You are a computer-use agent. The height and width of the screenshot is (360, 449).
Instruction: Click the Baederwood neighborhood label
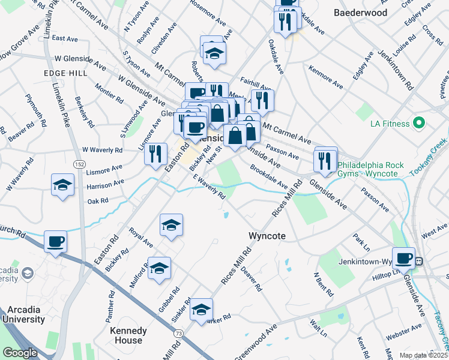click(x=360, y=12)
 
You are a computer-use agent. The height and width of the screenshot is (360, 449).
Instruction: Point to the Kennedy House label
click(x=128, y=335)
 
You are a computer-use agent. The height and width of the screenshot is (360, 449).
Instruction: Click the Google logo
click(x=20, y=353)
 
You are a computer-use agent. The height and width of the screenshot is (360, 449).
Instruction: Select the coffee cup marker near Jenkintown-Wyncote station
click(x=405, y=258)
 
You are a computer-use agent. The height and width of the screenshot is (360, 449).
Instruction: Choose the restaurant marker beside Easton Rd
click(x=155, y=153)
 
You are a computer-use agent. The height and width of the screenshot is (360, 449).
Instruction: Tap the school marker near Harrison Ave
click(x=62, y=185)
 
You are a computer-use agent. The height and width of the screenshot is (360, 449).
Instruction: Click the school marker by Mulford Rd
click(x=159, y=268)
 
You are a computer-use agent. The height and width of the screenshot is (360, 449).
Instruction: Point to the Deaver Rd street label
click(x=252, y=279)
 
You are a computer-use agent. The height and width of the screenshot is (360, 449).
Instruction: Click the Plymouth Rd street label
click(x=35, y=107)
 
